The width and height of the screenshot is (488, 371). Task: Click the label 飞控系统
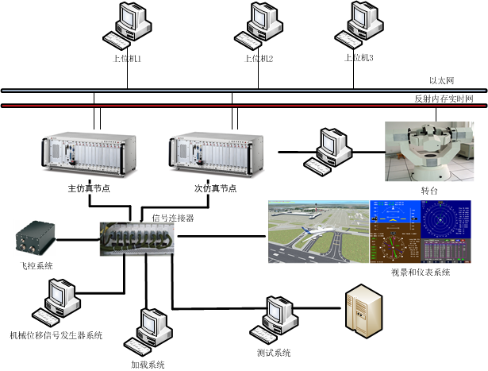coord(39,265)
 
